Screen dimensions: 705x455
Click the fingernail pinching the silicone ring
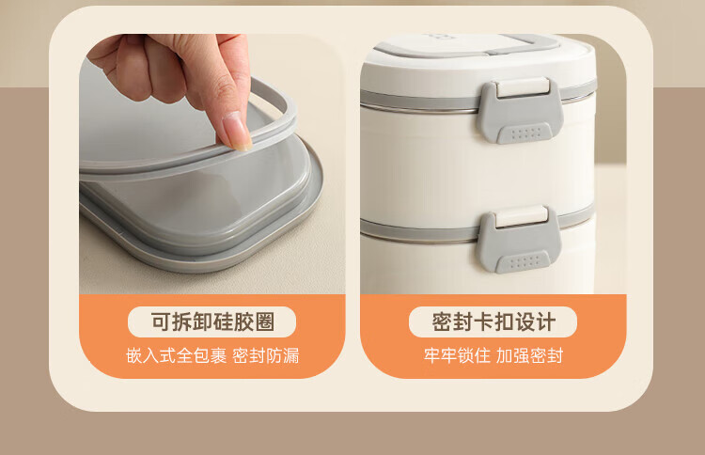point(237,132)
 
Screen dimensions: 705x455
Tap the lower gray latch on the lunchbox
point(518,239)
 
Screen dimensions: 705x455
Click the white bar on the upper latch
point(523,86)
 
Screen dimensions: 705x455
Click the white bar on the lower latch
point(521,216)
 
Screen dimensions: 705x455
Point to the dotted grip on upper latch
point(525,133)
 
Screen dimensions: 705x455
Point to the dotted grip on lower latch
point(523,262)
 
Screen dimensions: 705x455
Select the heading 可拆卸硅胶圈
point(212,322)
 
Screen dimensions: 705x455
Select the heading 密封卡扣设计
point(493,322)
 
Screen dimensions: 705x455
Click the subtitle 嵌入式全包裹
point(177,355)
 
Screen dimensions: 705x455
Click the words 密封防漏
point(266,355)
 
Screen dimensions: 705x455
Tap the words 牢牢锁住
point(457,355)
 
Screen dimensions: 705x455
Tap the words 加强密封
point(529,355)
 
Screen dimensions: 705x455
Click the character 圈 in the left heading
point(265,322)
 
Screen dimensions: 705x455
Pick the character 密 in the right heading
point(442,322)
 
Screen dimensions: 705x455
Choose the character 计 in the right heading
point(546,322)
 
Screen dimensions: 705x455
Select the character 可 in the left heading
point(161,322)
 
